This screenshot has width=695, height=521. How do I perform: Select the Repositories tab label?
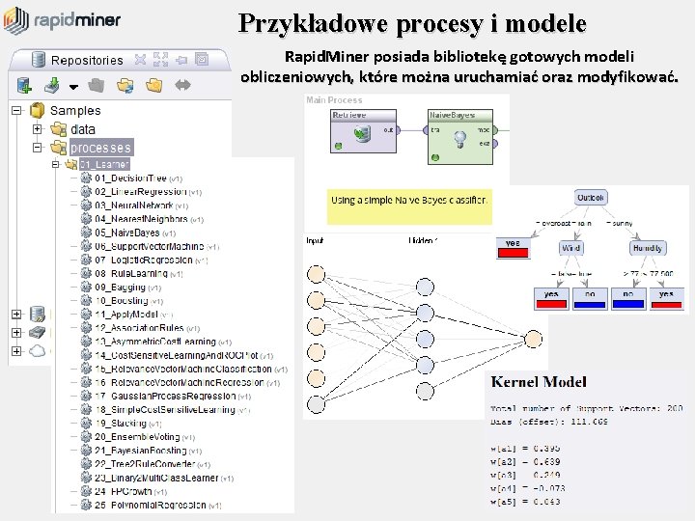click(x=87, y=60)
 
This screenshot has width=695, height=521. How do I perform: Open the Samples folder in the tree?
click(x=74, y=110)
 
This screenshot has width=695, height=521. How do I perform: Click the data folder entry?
click(x=83, y=128)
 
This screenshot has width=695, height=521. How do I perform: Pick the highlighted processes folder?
click(x=100, y=148)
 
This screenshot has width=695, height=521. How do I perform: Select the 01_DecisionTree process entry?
click(x=130, y=178)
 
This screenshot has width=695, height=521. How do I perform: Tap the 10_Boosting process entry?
click(x=122, y=301)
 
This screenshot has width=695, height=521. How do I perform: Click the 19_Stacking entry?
click(x=122, y=423)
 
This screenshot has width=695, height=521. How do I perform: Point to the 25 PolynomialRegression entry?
click(x=144, y=505)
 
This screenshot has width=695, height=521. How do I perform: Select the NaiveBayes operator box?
click(x=459, y=130)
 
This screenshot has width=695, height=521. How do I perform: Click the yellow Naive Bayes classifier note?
click(x=409, y=202)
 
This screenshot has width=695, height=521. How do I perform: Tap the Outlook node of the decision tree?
click(x=590, y=198)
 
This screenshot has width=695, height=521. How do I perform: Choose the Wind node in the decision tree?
click(x=570, y=248)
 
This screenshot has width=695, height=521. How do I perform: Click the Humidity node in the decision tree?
click(x=648, y=248)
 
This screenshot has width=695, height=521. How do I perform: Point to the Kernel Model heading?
click(x=538, y=383)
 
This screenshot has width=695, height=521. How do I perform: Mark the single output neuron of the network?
click(x=532, y=339)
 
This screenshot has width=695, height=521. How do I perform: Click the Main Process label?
click(x=334, y=99)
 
